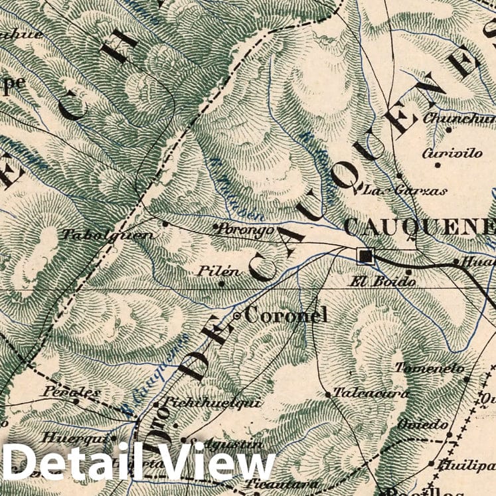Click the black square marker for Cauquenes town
pos(365,256)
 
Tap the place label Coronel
pos(286,315)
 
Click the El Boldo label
pos(382,281)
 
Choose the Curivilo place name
pos(452,153)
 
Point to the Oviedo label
pos(423,424)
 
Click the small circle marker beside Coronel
pos(237,316)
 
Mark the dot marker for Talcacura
pos(328,394)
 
